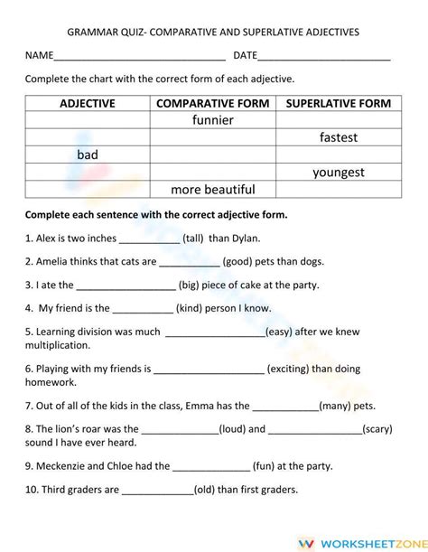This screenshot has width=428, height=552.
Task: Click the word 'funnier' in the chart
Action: pos(213,120)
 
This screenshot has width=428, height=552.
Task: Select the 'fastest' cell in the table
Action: pos(339,137)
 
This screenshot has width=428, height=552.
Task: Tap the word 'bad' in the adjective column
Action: pos(88,154)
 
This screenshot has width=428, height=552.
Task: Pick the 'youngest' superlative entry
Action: pos(339,172)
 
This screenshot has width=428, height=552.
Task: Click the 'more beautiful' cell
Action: pos(213,190)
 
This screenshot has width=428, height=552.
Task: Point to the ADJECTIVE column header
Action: pos(88,103)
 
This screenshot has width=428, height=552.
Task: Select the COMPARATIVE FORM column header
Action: pos(213,103)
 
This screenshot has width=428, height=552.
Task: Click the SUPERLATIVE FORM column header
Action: pos(339,103)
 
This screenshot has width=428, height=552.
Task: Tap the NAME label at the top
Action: pos(40,56)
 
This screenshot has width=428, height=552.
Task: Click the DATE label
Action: pos(247,56)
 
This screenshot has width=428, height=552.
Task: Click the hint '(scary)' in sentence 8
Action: pos(377,429)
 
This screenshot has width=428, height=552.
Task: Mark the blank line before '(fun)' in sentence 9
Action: pos(210,466)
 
